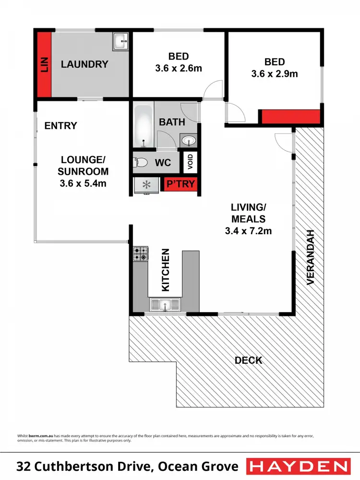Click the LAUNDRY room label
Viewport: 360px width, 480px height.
pyautogui.click(x=84, y=64)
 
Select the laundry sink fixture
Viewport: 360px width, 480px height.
pyautogui.click(x=120, y=41)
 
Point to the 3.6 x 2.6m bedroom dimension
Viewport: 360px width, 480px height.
pyautogui.click(x=179, y=69)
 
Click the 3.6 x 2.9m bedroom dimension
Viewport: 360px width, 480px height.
pyautogui.click(x=275, y=74)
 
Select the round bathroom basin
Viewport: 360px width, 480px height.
pyautogui.click(x=188, y=141)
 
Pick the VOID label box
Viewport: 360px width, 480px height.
pyautogui.click(x=190, y=163)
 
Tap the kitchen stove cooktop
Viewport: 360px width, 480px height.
pyautogui.click(x=140, y=254)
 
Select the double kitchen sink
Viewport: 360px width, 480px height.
pyautogui.click(x=164, y=304)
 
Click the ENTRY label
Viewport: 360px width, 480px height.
pyautogui.click(x=60, y=126)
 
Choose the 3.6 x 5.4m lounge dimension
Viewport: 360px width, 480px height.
pyautogui.click(x=83, y=183)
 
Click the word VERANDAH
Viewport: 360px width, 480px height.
pyautogui.click(x=311, y=257)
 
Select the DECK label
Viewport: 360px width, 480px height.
pyautogui.click(x=248, y=360)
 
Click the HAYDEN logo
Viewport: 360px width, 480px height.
pyautogui.click(x=298, y=466)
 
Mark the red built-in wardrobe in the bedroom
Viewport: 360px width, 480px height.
pyautogui.click(x=290, y=117)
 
